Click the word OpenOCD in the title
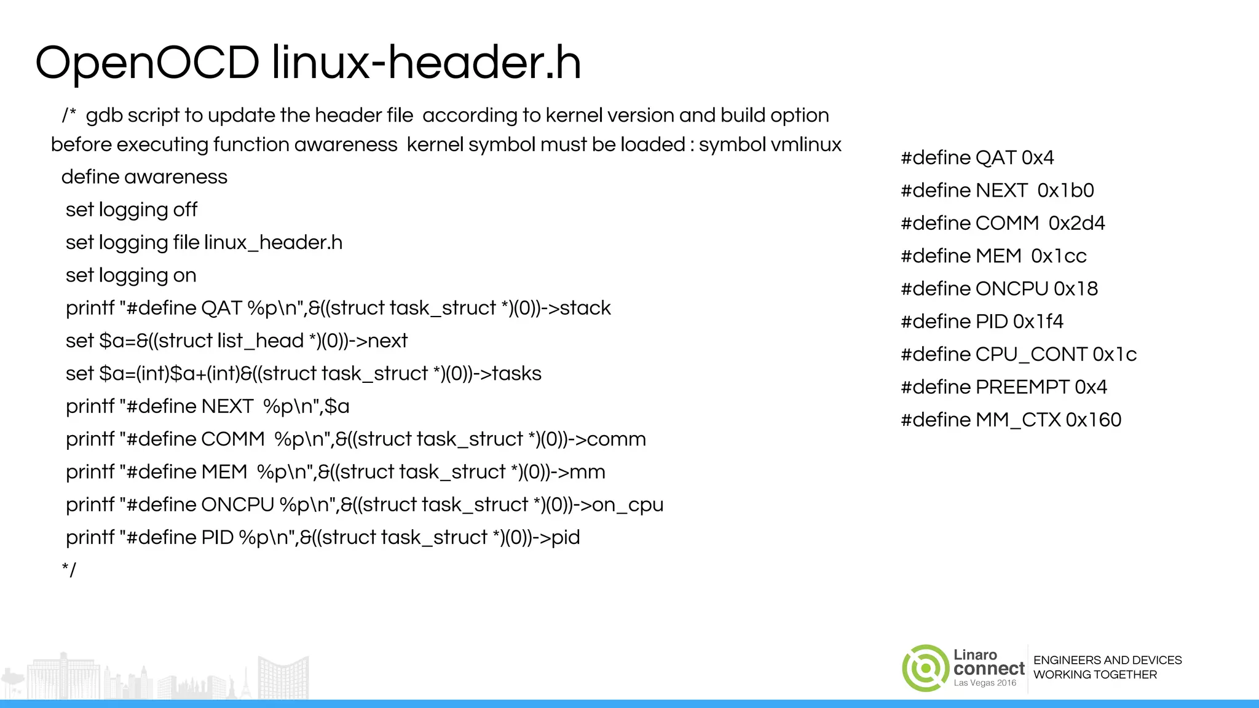coord(148,63)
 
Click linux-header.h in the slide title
coord(426,63)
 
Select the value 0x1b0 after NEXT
coord(1065,191)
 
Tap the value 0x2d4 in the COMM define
coord(1076,223)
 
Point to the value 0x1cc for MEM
coord(1059,256)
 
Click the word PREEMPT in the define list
coord(1022,387)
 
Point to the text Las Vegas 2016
coord(985,683)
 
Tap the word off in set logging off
coord(184,210)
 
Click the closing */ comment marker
coord(69,570)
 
